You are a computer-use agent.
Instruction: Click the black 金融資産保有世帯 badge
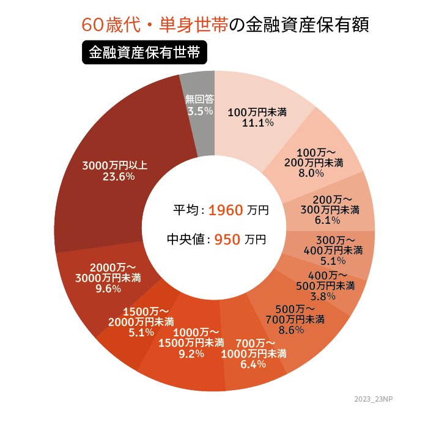point(144,53)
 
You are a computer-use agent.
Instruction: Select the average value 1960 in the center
point(226,211)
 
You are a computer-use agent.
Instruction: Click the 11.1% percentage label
point(257,123)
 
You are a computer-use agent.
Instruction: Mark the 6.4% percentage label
point(253,364)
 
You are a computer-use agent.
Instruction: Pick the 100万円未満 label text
point(257,113)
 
